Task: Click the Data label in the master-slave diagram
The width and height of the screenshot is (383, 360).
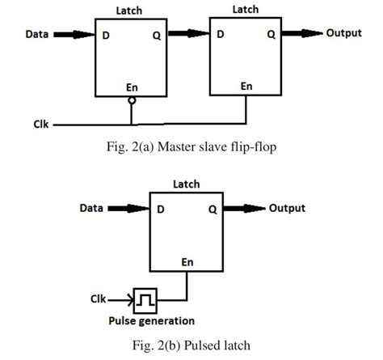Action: point(36,35)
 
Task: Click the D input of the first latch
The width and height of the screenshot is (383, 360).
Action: point(106,35)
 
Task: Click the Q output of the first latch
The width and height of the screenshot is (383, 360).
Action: point(156,35)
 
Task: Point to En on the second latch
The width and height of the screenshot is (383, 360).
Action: point(246,86)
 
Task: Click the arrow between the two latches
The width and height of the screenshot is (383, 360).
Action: point(186,35)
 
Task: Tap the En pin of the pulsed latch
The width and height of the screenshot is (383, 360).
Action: point(188,261)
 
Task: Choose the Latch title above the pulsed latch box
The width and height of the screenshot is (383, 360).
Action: point(186,185)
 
